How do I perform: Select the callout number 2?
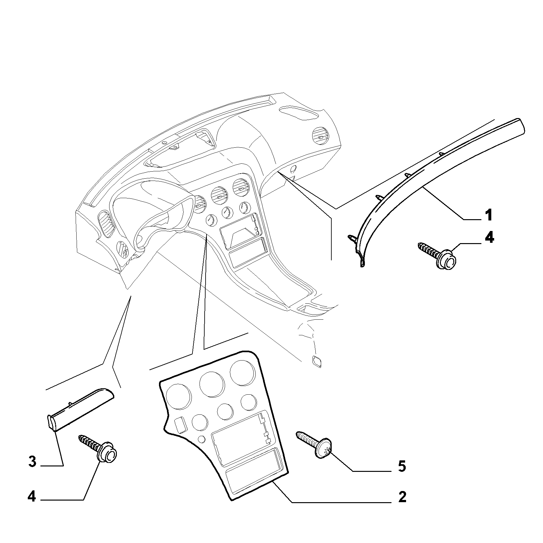402,506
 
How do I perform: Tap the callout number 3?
32,462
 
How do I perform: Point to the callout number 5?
402,466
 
